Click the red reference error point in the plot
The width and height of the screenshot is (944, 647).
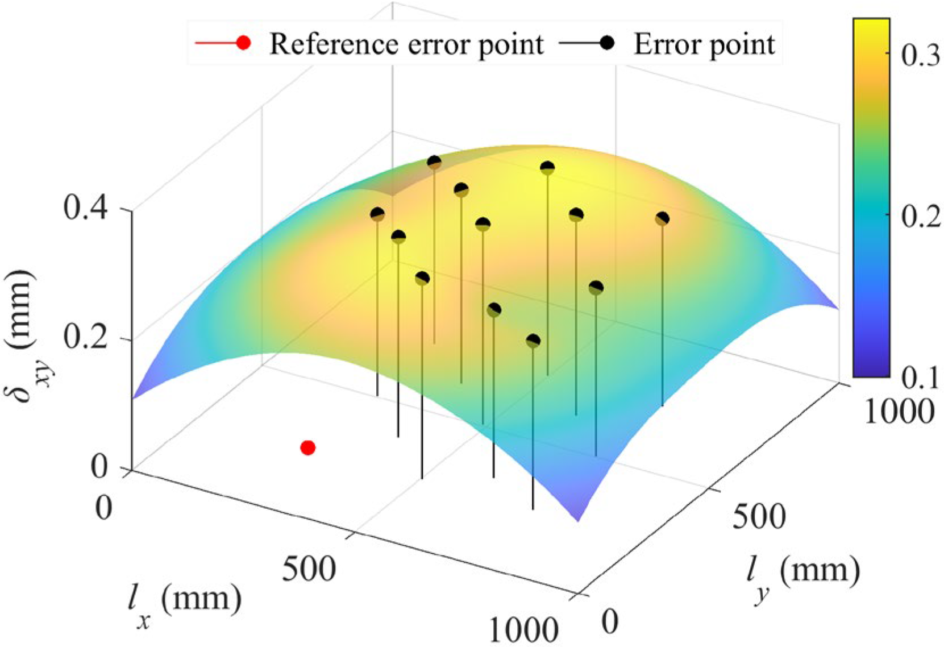point(307,448)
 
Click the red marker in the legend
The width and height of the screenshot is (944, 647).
point(243,43)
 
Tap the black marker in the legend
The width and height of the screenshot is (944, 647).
point(608,43)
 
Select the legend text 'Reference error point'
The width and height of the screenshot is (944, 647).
point(406,44)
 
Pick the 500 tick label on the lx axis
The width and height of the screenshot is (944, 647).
point(309,569)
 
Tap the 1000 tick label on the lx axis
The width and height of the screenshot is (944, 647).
point(523,630)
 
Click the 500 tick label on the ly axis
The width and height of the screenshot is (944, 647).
point(759,517)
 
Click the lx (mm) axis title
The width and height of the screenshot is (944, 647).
point(184,604)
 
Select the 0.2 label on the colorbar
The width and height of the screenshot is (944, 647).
point(921,217)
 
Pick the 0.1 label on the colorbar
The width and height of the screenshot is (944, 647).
point(921,378)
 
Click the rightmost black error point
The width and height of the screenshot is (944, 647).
point(662,219)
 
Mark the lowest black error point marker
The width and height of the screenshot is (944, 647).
point(533,341)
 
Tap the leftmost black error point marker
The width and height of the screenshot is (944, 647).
point(377,214)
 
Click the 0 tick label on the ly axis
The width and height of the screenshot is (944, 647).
point(609,622)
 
